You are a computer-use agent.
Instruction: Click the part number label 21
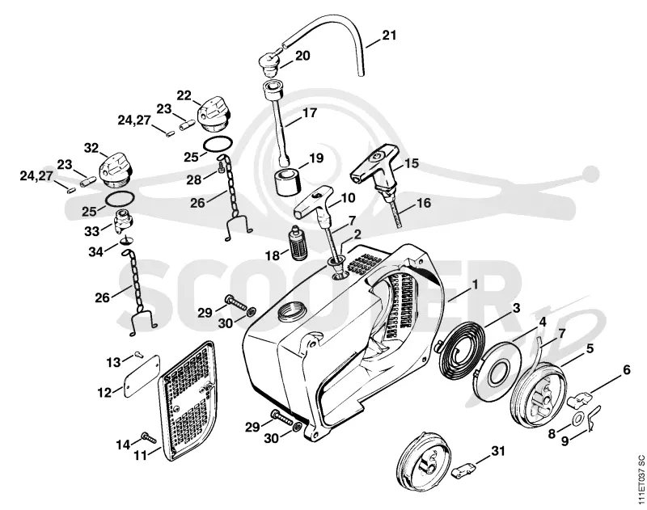(389, 36)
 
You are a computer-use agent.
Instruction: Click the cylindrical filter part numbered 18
(297, 242)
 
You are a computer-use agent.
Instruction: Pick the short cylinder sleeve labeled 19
(287, 180)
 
